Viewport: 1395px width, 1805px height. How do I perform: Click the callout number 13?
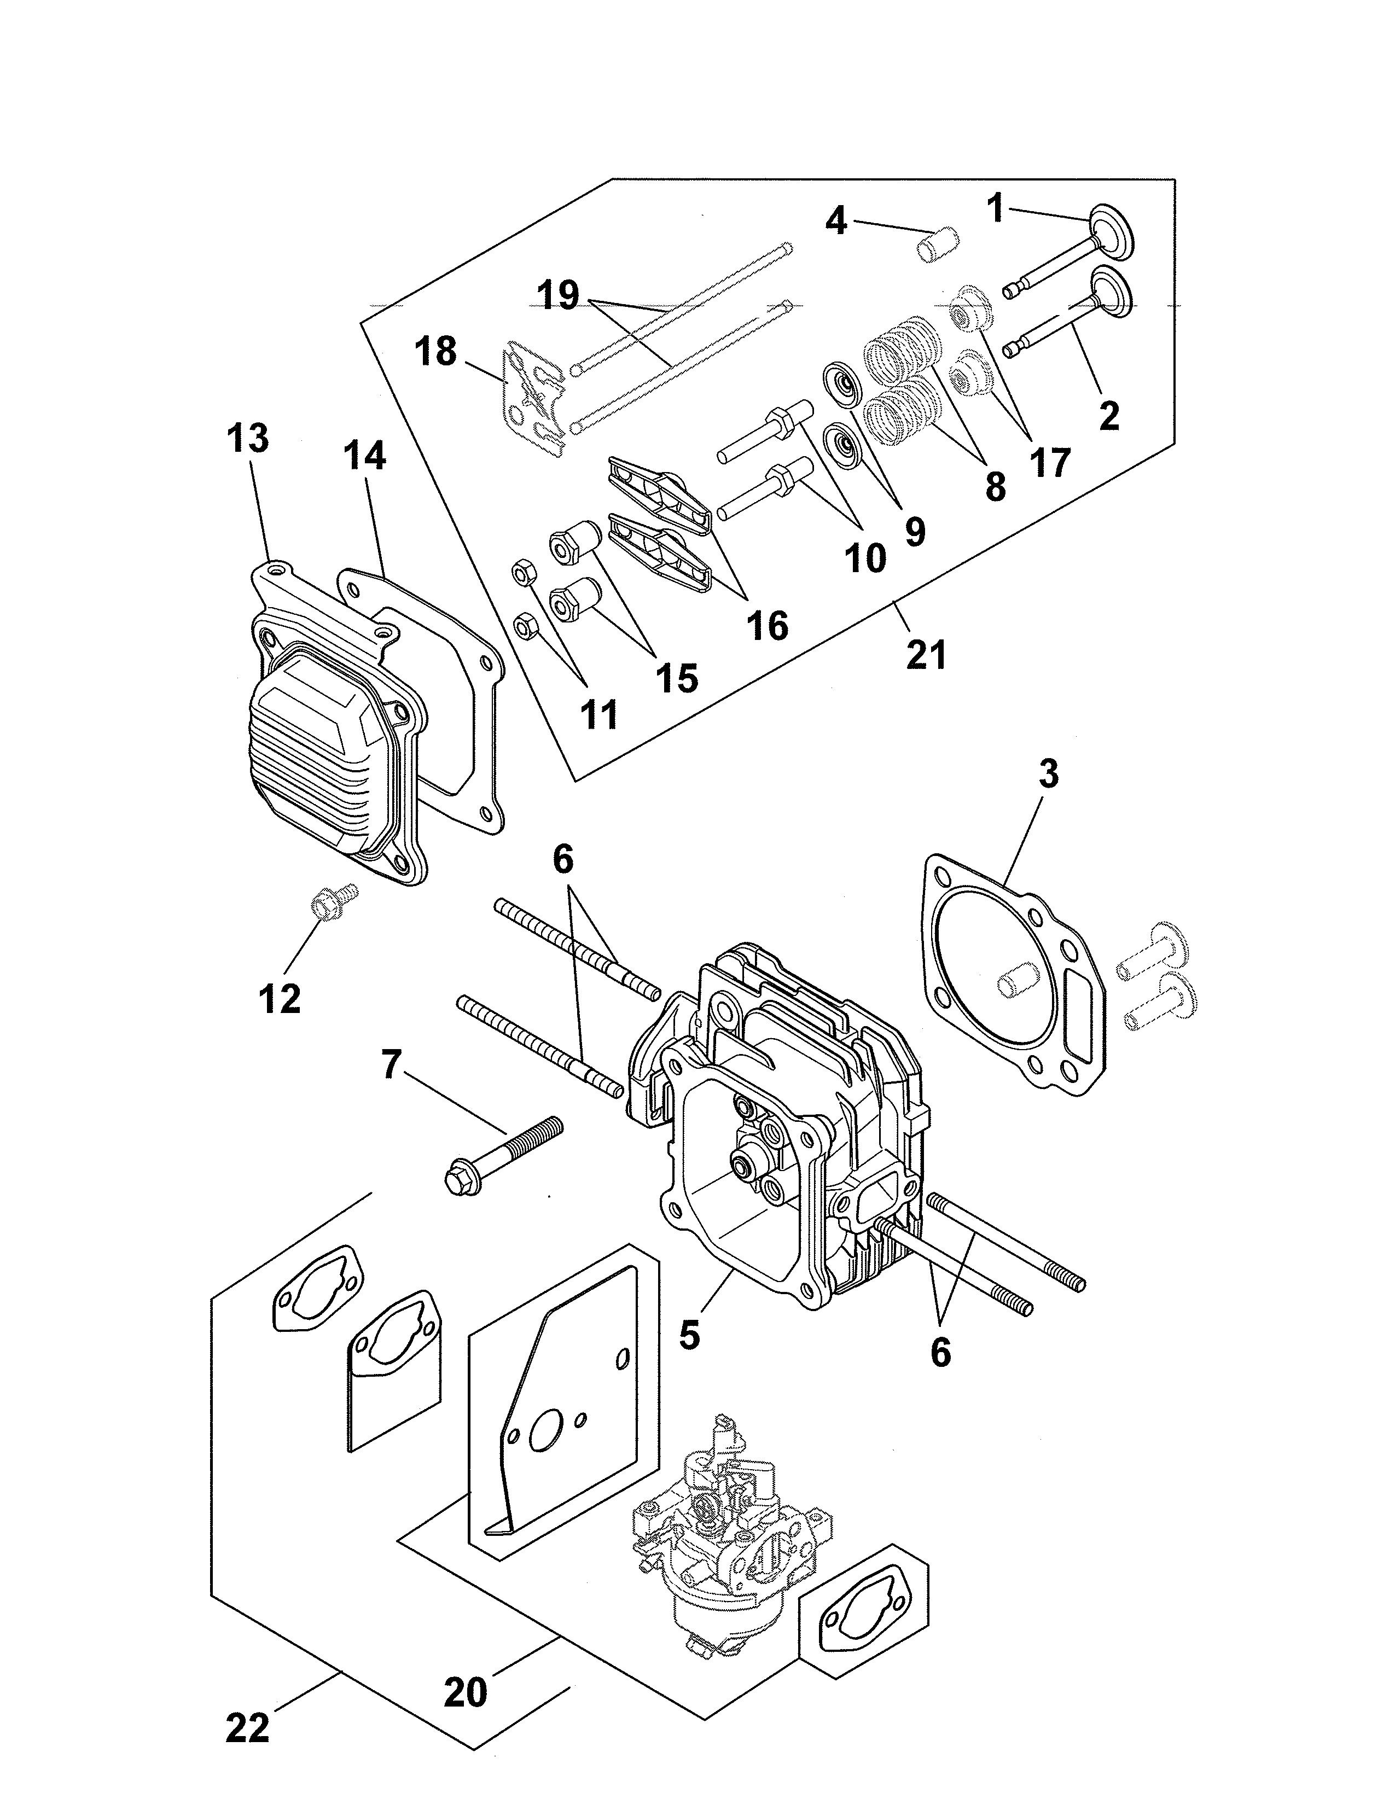(x=248, y=439)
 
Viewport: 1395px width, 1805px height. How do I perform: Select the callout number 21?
(x=926, y=655)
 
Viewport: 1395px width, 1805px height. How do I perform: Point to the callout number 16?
(x=767, y=626)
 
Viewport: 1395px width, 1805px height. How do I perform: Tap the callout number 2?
(x=1108, y=415)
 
